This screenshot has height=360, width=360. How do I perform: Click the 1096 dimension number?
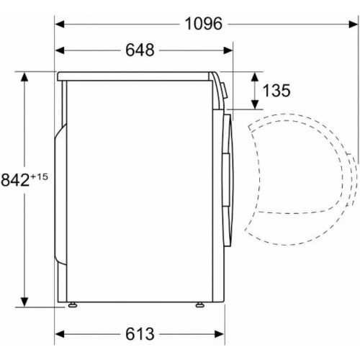[x=204, y=24]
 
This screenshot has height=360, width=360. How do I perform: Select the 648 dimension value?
[x=140, y=50]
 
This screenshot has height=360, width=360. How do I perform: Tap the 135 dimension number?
[x=276, y=91]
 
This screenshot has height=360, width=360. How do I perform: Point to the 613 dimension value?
[x=140, y=334]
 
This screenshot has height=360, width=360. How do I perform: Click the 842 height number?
[x=15, y=180]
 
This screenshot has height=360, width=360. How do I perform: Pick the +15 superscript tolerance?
[x=39, y=177]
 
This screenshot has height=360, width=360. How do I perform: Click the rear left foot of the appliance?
[x=72, y=305]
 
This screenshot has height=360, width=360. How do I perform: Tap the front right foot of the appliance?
[x=199, y=305]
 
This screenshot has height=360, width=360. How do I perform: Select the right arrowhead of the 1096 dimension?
[x=354, y=24]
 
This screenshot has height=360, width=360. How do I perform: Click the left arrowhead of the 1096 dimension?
[x=60, y=24]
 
